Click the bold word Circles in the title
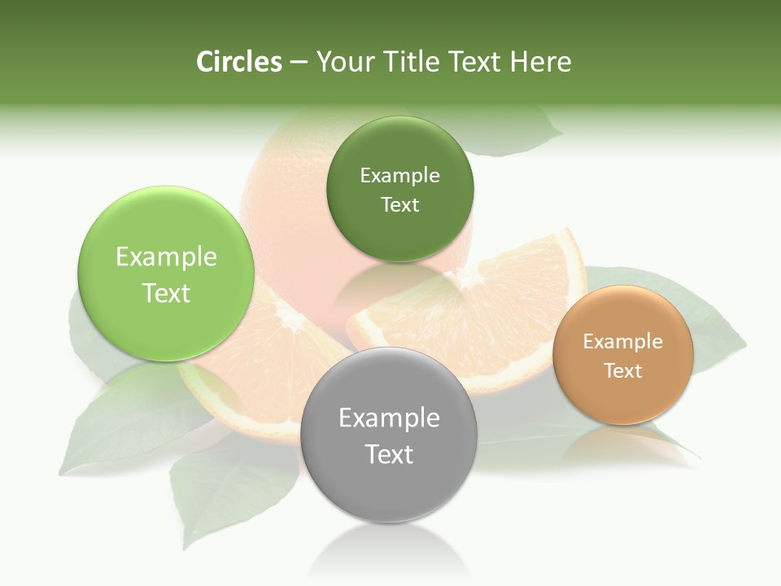[x=238, y=62]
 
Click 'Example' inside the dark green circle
[x=399, y=176]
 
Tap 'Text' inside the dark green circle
[x=399, y=205]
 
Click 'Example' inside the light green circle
[x=166, y=257]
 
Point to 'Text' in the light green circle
[x=166, y=293]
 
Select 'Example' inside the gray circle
[x=389, y=418]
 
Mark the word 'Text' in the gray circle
[x=389, y=454]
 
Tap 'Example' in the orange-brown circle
[x=623, y=342]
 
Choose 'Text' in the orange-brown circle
[x=623, y=371]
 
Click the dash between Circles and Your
[x=298, y=63]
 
